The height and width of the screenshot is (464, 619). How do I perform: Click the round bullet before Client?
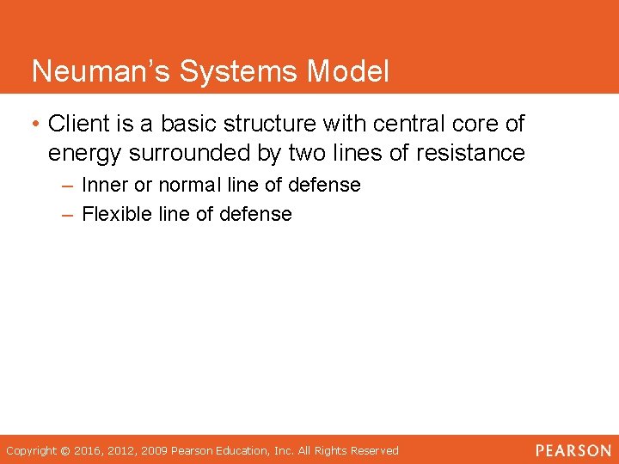click(x=37, y=125)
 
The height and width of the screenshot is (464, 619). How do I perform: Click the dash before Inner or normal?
click(x=69, y=186)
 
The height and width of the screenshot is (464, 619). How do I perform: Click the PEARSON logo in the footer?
click(x=572, y=450)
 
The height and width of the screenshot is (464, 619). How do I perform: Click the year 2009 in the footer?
click(x=156, y=450)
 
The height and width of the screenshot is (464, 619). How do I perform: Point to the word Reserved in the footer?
click(x=373, y=450)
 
